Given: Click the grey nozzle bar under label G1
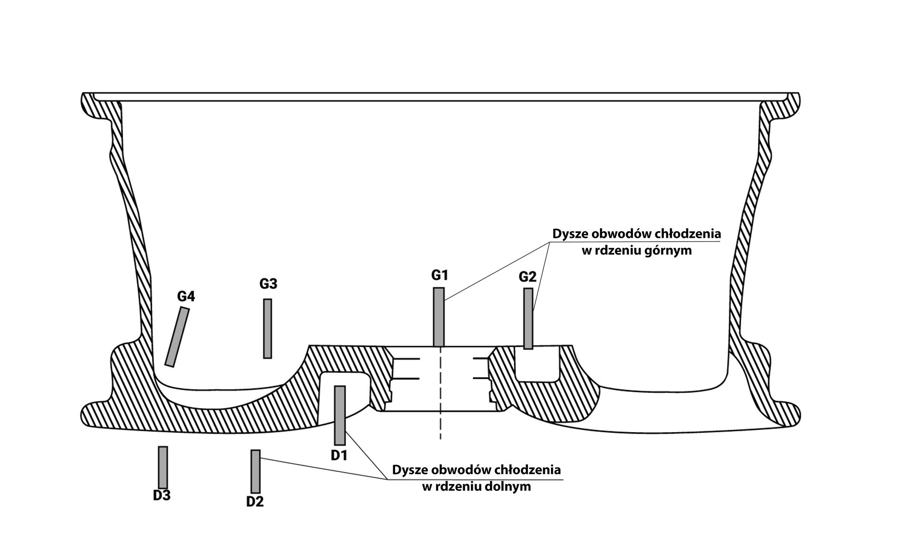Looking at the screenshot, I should (438, 317).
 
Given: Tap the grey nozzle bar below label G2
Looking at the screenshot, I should (528, 318).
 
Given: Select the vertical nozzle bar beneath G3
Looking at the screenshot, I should (267, 328).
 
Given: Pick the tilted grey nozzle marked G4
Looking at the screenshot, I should (177, 337).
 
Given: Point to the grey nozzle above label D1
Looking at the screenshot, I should (340, 415).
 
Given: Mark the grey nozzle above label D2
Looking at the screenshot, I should (255, 471).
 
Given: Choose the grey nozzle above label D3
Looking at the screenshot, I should (163, 467).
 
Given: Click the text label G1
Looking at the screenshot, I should (440, 275).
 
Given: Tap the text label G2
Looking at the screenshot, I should (528, 276).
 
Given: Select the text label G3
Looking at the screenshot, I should (268, 284).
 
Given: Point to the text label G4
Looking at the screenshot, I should (186, 296).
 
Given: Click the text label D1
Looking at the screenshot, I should (339, 456).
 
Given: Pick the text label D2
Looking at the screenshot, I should (255, 501).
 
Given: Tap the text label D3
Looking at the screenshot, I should (162, 496).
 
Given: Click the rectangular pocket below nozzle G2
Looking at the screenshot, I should (537, 365).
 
